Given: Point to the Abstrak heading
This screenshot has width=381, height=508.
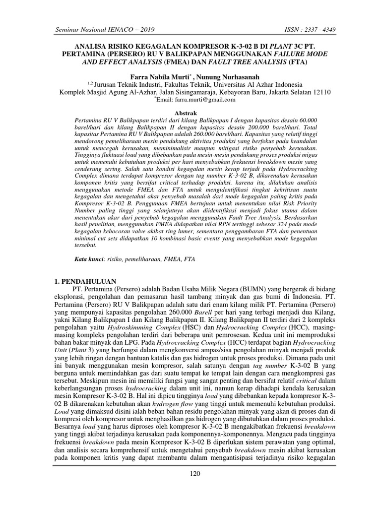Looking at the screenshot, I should [x=190, y=114].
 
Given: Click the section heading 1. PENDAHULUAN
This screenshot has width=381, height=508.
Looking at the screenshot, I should [x=85, y=281].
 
